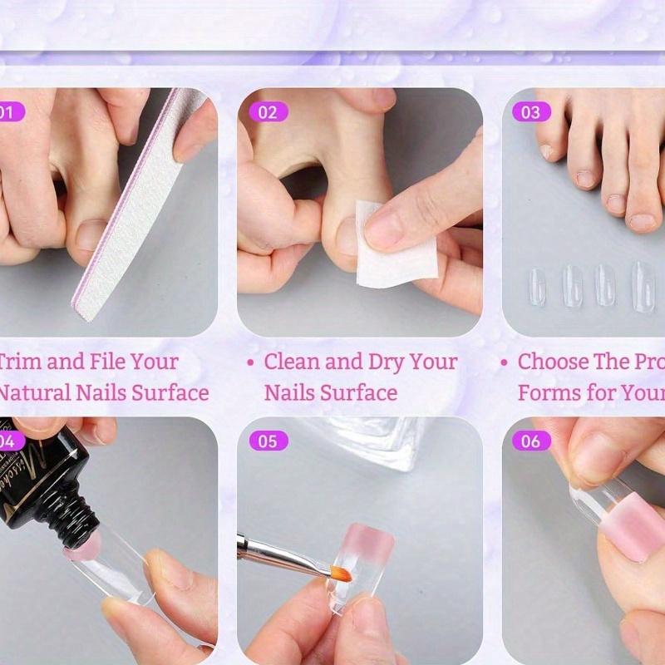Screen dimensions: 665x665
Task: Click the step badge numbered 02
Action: coord(267,112)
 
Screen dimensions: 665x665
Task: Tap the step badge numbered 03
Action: coord(530,112)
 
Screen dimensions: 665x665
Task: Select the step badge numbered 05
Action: coord(267,441)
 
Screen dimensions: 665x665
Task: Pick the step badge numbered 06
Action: coord(530,441)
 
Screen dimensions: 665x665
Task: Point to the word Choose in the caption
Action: coord(552,362)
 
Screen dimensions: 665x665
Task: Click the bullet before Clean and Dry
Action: coord(250,363)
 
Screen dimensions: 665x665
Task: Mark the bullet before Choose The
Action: coord(504,363)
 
